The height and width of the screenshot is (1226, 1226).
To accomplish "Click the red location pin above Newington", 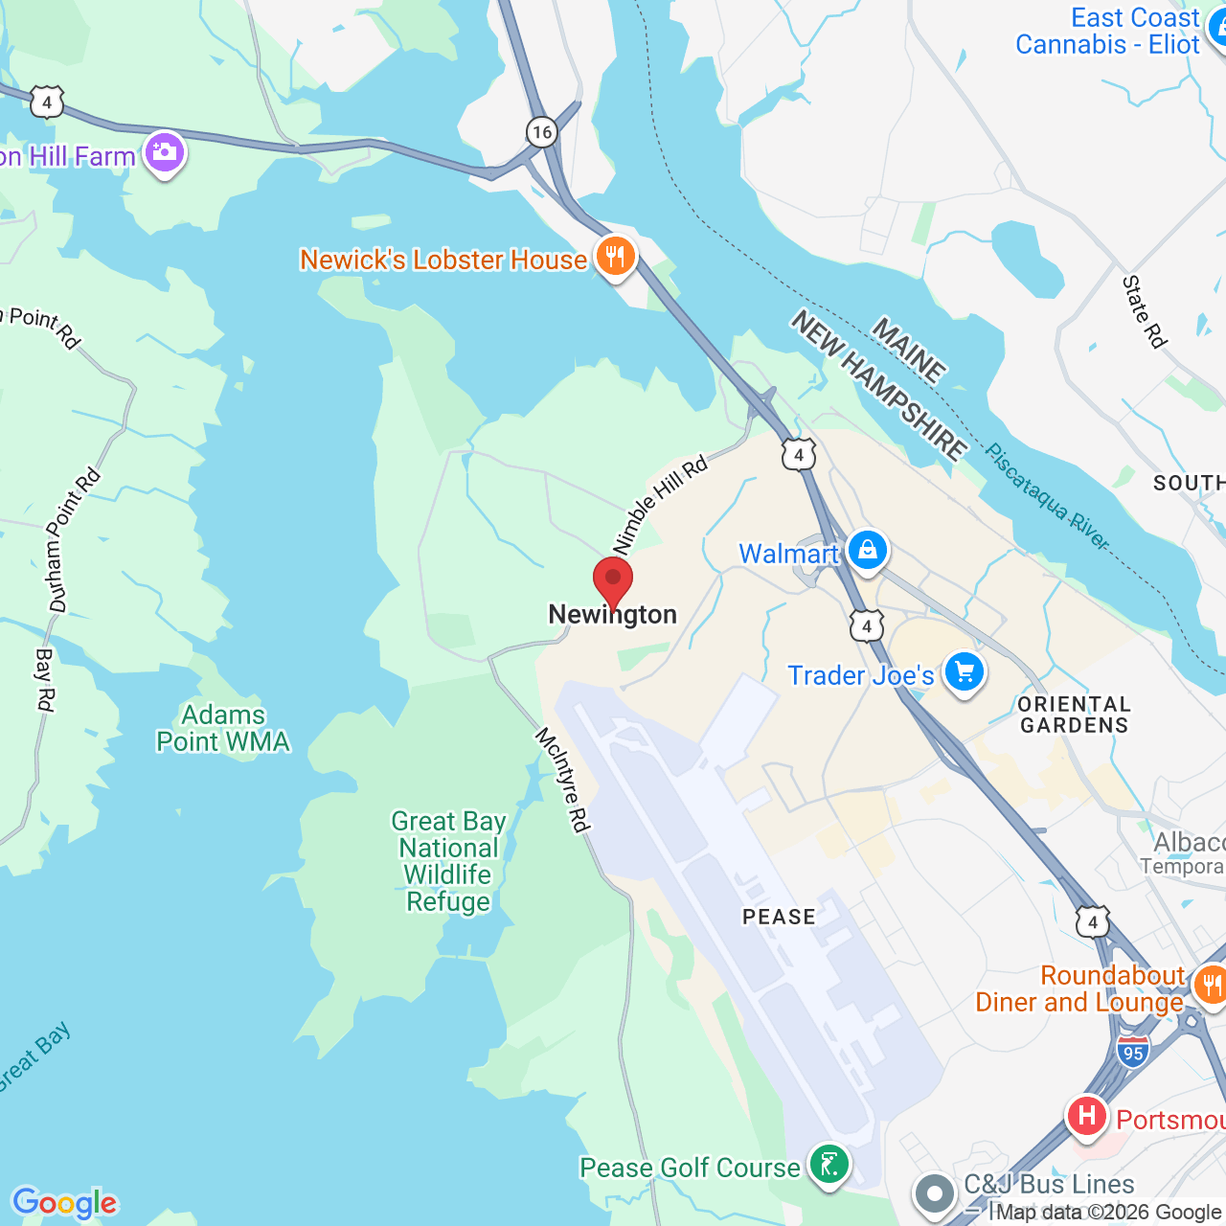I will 613,580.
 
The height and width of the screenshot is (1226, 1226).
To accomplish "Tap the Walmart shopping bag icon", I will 867,551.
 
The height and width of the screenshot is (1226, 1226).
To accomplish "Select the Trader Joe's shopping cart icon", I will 964,672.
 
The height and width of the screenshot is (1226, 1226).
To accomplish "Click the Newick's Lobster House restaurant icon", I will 615,257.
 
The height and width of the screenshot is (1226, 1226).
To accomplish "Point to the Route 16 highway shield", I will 542,132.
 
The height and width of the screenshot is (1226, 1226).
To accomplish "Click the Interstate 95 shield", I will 1132,1051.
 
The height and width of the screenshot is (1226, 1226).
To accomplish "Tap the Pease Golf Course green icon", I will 829,1166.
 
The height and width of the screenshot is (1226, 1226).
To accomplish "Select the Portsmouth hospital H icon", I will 1087,1116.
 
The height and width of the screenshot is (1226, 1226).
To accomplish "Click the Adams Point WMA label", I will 223,728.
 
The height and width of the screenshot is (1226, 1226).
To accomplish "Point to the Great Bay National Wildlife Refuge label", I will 447,862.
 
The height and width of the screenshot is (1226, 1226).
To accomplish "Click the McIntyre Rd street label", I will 563,780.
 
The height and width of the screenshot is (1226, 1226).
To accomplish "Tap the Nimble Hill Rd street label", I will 660,504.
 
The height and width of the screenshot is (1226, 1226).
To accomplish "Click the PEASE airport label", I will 779,917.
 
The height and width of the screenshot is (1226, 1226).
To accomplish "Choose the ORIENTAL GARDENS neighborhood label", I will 1074,715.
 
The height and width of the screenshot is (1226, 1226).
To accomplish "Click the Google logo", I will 64,1203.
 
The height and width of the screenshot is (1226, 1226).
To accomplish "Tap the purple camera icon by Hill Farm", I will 165,152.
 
